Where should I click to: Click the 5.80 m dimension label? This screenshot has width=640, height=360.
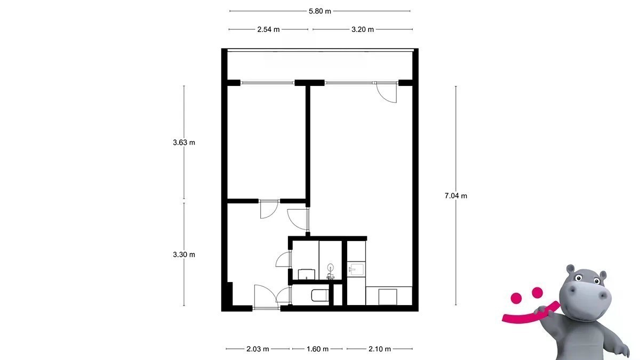(x=319, y=11)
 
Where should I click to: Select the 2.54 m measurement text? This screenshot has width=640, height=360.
(x=268, y=29)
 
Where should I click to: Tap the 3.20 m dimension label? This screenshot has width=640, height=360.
(x=363, y=29)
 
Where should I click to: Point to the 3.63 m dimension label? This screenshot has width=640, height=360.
(x=184, y=142)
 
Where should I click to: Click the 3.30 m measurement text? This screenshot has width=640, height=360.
(x=184, y=254)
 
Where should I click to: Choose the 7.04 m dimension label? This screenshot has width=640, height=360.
(x=455, y=196)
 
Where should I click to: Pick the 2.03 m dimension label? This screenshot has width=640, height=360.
(x=258, y=349)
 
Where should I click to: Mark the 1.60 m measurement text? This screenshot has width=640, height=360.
(x=317, y=349)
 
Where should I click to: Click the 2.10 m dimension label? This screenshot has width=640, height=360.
(x=380, y=349)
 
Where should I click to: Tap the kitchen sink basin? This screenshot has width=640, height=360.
(x=356, y=269)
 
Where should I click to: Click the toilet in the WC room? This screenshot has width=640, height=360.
(x=319, y=295)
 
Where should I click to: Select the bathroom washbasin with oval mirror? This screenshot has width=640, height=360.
(x=331, y=271)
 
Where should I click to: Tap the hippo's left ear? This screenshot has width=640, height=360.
(x=571, y=269)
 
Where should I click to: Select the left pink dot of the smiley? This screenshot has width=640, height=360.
(x=516, y=298)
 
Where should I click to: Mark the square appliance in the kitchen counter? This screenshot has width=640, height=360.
(x=388, y=297)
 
